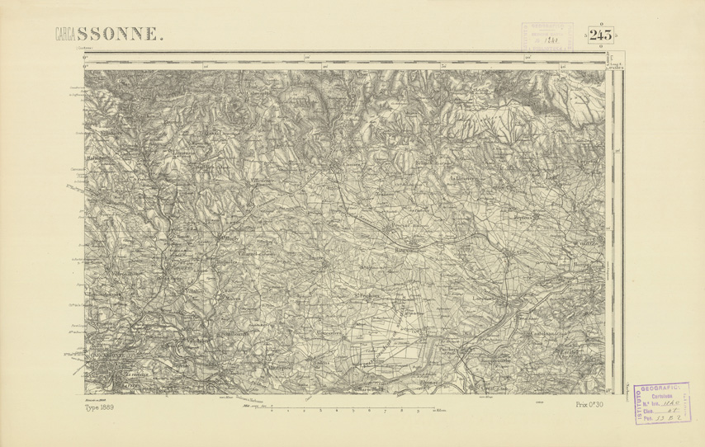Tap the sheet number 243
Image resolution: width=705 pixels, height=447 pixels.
[x=601, y=35]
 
